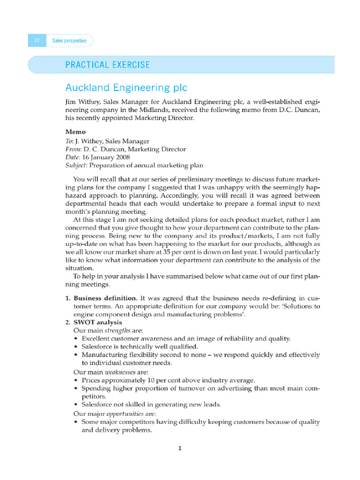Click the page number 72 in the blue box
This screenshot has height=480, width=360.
tap(37, 41)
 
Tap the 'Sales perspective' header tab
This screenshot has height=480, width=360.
tap(69, 41)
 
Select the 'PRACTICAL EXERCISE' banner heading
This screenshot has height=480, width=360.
tap(108, 65)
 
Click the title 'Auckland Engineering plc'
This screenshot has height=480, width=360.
tap(126, 88)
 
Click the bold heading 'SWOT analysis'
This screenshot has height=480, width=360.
tap(98, 322)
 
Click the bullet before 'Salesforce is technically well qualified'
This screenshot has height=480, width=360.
tap(76, 346)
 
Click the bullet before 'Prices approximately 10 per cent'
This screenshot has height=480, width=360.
tap(76, 380)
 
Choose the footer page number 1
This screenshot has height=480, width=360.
tap(180, 448)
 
